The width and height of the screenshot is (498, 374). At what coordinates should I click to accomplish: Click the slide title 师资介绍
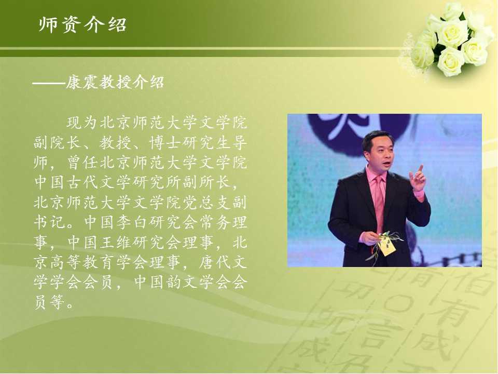82,24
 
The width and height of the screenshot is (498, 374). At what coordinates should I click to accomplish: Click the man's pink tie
379,204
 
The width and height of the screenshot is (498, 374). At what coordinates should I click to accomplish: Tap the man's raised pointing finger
421,168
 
